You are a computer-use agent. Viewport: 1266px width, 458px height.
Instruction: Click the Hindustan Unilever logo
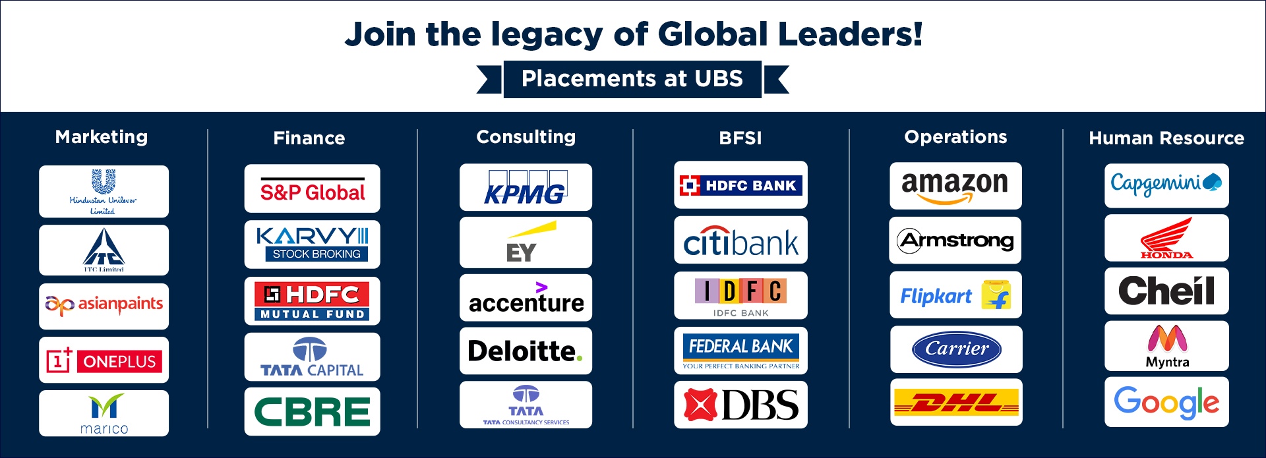click(104, 192)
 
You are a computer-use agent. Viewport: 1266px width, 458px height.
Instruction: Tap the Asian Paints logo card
click(104, 306)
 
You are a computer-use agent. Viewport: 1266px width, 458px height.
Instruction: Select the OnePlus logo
click(104, 360)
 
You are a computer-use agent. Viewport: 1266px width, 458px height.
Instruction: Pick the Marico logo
click(104, 414)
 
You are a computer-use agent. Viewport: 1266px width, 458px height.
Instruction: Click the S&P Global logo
click(313, 189)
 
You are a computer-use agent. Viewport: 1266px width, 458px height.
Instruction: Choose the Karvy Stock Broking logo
click(313, 244)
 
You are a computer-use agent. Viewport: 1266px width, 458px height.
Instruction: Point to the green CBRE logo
click(313, 412)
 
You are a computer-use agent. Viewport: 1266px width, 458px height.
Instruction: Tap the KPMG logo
click(526, 187)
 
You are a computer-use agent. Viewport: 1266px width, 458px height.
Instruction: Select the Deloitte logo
click(526, 351)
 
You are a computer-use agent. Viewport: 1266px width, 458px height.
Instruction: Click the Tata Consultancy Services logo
click(526, 405)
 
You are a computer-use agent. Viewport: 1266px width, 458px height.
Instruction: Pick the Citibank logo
click(740, 241)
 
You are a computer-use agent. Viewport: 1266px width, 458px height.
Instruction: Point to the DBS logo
click(740, 405)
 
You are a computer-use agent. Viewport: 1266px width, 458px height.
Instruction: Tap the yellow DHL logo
click(956, 402)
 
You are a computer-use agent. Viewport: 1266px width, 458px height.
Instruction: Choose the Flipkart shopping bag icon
click(996, 295)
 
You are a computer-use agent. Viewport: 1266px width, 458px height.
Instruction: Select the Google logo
click(1166, 402)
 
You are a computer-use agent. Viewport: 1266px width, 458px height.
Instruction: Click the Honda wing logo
click(1167, 238)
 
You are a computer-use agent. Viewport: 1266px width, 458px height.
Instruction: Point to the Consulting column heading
click(526, 137)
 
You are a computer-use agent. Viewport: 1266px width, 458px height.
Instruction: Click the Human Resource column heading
click(1166, 138)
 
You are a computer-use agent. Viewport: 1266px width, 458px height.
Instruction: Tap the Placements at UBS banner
click(632, 79)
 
